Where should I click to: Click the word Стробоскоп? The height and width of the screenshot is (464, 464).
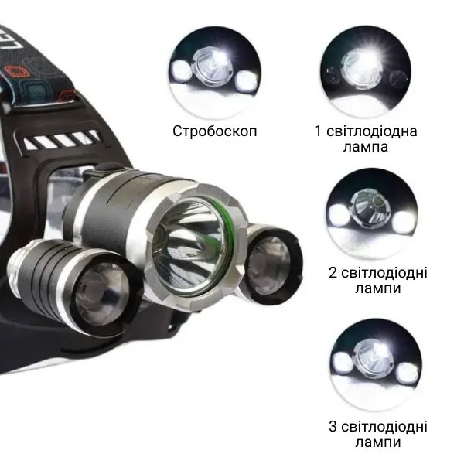tap(214, 131)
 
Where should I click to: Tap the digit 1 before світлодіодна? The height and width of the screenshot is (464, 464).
tap(318, 131)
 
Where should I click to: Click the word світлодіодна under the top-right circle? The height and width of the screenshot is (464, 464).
tap(372, 131)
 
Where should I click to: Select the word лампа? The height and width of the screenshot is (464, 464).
tap(366, 147)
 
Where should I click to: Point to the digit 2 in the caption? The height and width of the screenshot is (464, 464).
tap(333, 272)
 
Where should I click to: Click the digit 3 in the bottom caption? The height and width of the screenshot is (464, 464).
tap(333, 426)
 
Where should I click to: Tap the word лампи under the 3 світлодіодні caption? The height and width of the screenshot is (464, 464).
tap(378, 442)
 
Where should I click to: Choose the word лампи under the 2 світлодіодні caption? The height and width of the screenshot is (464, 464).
tap(378, 288)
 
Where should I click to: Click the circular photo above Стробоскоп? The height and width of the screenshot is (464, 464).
tap(215, 73)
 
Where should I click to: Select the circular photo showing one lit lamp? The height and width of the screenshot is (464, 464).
tap(366, 72)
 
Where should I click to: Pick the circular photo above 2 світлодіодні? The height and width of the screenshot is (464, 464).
tap(373, 214)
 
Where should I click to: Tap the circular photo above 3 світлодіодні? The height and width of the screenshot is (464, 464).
tap(376, 364)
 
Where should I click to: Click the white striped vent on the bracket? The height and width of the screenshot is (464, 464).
tap(61, 140)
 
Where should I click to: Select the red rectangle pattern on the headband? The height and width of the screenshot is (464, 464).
tap(18, 72)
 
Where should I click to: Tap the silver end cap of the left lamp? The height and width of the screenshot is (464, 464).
tap(15, 266)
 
